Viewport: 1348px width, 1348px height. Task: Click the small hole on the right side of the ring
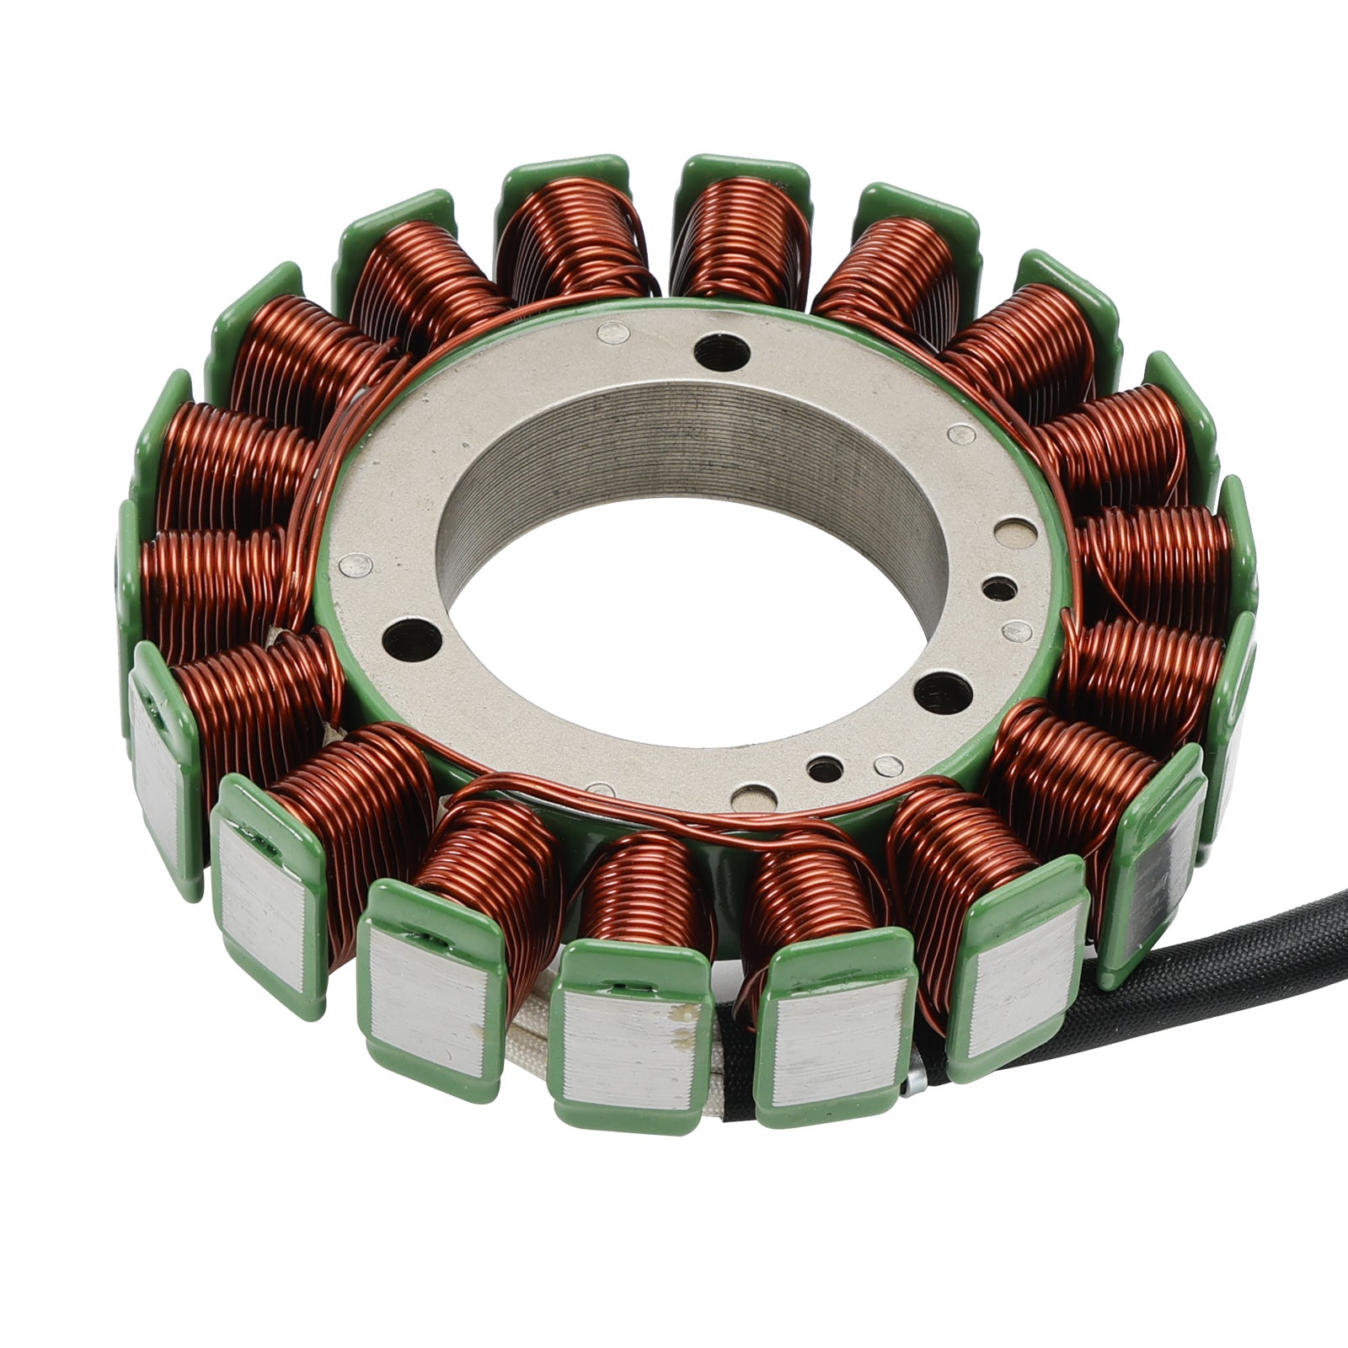click(999, 588)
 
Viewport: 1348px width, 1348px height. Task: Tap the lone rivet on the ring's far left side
click(356, 564)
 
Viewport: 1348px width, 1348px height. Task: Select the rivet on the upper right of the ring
click(960, 435)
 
